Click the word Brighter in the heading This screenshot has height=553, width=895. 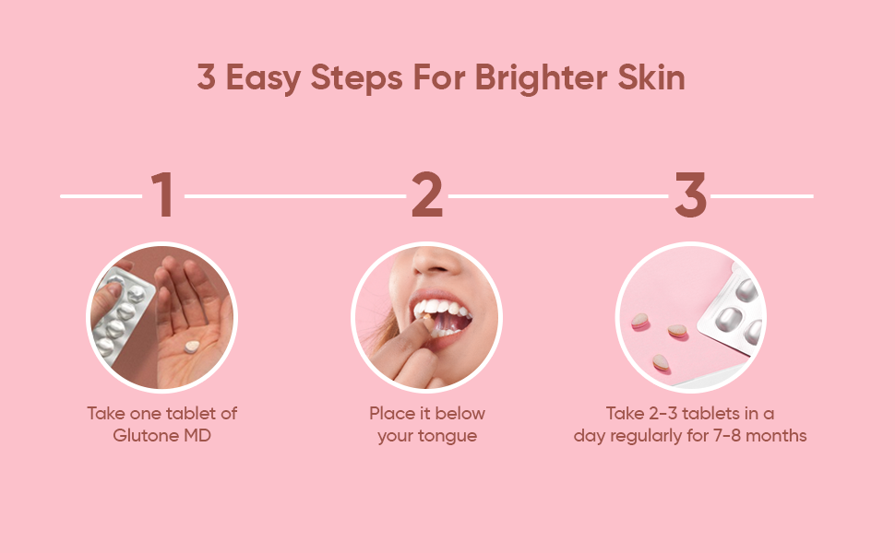[541, 78]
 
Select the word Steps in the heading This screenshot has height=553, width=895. [357, 78]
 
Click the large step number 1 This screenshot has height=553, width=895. [162, 194]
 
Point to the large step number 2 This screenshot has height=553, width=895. [427, 194]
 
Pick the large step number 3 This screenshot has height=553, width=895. [691, 194]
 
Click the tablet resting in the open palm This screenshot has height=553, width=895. [191, 346]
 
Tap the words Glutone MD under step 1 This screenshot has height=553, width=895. [162, 436]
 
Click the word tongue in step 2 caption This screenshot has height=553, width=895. [449, 437]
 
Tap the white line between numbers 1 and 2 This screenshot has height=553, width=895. [295, 196]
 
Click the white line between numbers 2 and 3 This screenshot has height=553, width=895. [558, 196]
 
